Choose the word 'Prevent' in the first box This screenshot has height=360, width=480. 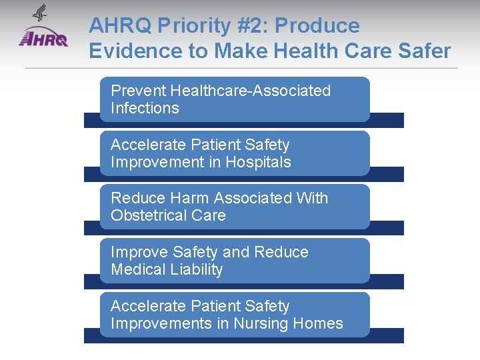pos(138,91)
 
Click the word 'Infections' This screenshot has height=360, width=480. pos(145,108)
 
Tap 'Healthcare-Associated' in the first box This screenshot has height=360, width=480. pos(250,91)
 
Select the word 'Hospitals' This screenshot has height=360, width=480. pos(258,162)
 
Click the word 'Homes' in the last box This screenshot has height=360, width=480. pos(321,324)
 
